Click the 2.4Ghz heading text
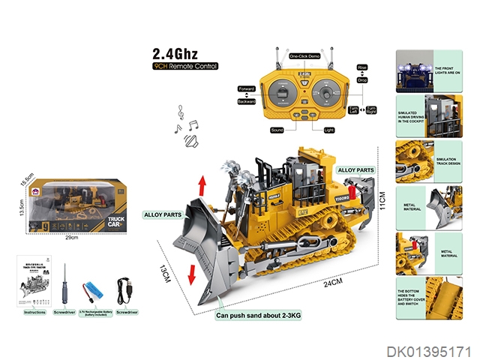tap(175, 54)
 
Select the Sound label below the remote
tap(277, 130)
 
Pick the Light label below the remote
tap(328, 130)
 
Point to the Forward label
tap(247, 88)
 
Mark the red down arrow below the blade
tap(192, 274)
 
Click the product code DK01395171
tap(429, 350)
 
